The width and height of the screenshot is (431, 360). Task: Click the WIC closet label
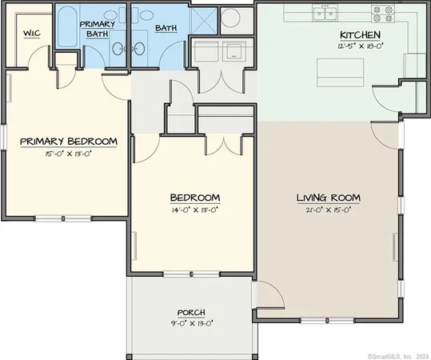point(33,33)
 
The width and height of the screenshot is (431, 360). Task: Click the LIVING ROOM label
point(328,198)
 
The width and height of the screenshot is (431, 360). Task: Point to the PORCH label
point(192,312)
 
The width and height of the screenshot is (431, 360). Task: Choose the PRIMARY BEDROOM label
point(69,142)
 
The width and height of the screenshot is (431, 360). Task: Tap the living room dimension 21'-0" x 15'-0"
point(328,209)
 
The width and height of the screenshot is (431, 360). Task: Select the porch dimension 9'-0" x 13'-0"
point(192,322)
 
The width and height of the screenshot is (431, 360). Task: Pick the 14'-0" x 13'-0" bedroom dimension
point(195,209)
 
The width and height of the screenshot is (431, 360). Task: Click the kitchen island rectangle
point(337,73)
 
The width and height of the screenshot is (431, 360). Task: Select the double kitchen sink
point(326,14)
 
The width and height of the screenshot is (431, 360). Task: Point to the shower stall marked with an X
point(204,17)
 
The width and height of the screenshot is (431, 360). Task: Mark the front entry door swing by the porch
point(270,300)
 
